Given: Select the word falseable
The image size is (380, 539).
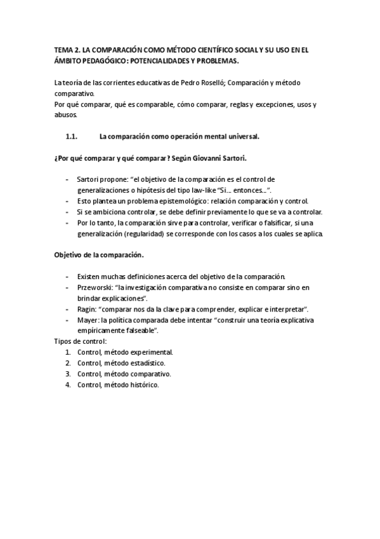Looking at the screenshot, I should coord(141,331).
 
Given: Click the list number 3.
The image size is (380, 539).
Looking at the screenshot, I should coord(68,374).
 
